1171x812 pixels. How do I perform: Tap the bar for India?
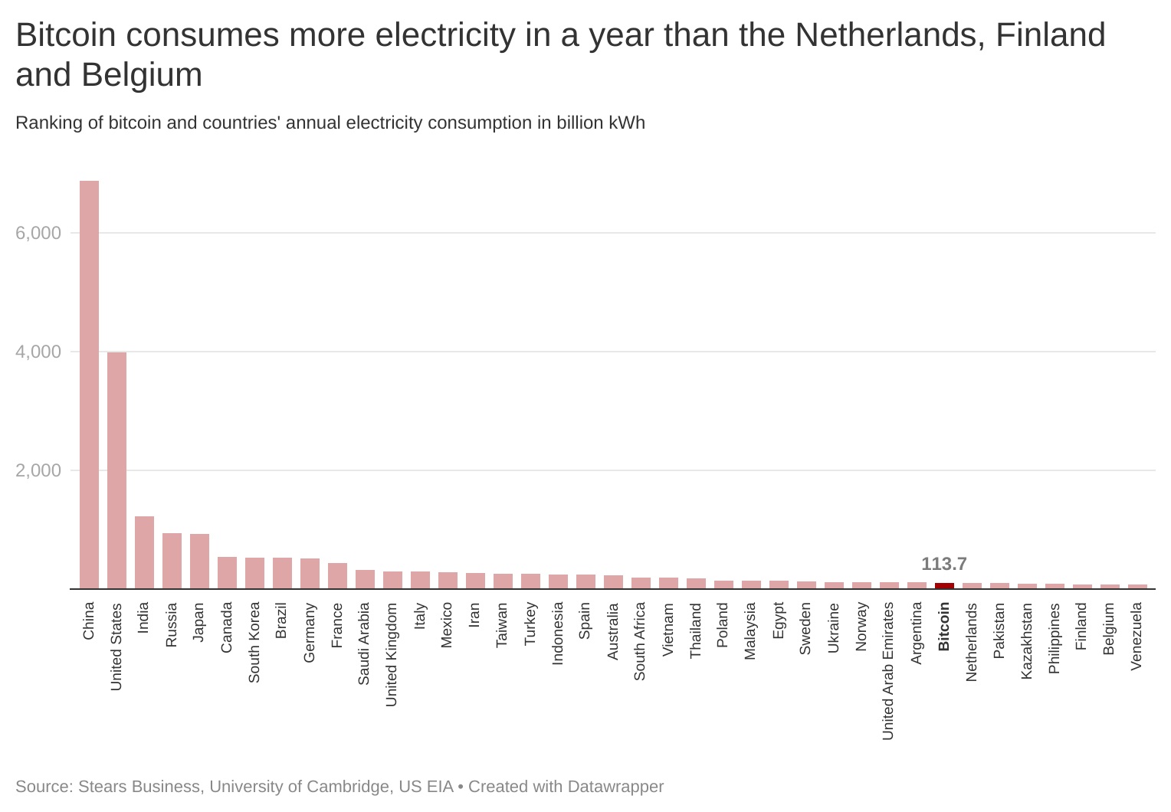(x=144, y=552)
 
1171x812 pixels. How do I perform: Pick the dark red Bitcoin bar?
(x=944, y=586)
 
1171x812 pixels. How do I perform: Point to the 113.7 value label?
(x=944, y=564)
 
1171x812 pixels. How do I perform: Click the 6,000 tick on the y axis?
(x=38, y=233)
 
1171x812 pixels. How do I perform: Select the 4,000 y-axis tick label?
(x=38, y=352)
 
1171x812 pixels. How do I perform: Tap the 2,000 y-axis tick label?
(x=38, y=470)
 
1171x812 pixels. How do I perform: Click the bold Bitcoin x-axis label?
(x=944, y=627)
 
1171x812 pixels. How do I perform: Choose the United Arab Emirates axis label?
(x=888, y=671)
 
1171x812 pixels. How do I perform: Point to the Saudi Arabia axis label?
(x=364, y=643)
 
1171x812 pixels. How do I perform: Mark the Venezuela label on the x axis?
(x=1137, y=636)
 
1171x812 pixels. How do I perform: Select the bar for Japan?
(x=199, y=562)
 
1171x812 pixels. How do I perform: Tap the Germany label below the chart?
(x=310, y=633)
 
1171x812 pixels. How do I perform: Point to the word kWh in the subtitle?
(x=627, y=123)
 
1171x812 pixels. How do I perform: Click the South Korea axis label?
(x=254, y=642)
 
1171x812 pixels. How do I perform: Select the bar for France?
(x=337, y=576)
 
